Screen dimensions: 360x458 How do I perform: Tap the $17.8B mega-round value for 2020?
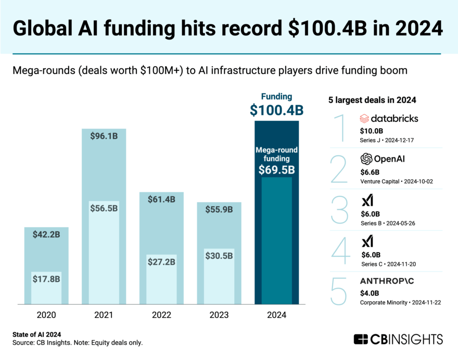click(46, 279)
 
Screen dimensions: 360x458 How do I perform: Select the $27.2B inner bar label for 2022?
click(161, 262)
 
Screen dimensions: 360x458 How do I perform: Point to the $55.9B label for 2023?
click(219, 210)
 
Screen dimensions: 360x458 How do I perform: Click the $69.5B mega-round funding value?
click(276, 170)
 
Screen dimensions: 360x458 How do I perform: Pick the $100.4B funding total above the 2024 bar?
click(276, 110)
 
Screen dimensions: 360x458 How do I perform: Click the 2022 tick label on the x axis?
click(161, 315)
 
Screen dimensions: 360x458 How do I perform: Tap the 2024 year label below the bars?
click(276, 315)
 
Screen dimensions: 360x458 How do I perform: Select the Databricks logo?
click(389, 118)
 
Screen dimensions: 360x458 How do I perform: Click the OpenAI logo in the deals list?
click(383, 159)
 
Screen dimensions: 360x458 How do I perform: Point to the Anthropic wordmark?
click(395, 281)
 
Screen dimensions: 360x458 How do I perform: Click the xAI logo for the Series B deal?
click(367, 200)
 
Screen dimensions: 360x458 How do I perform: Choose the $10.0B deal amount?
click(372, 131)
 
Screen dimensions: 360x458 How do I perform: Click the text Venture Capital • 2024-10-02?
click(397, 181)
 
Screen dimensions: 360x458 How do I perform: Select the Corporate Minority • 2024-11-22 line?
click(400, 302)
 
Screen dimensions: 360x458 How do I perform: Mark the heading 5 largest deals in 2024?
click(372, 99)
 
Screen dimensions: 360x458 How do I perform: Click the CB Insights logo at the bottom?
click(398, 339)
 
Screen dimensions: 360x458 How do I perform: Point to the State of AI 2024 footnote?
click(36, 334)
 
